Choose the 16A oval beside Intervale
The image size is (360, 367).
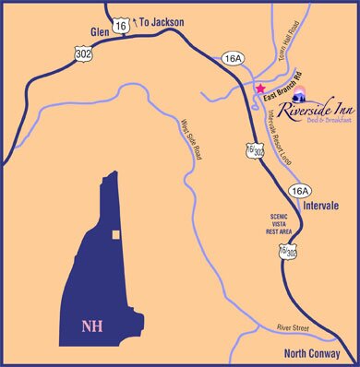(x=302, y=190)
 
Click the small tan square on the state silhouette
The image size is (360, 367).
(x=116, y=235)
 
